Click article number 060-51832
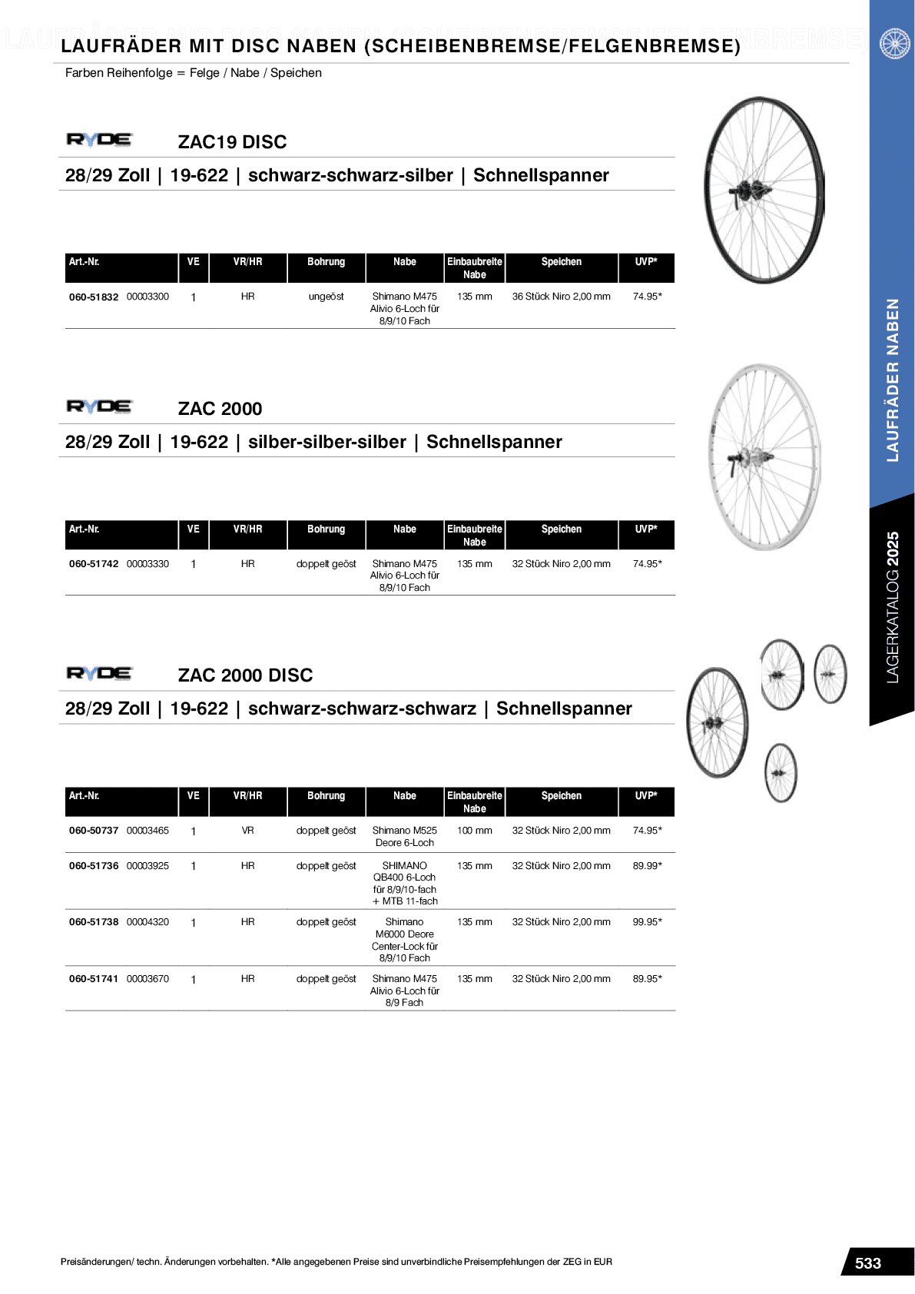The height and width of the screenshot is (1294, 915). [94, 297]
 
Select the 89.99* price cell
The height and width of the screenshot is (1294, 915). [647, 866]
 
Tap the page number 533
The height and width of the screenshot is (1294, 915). [867, 1263]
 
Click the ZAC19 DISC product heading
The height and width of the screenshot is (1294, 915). [232, 142]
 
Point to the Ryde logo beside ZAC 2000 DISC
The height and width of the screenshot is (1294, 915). [99, 674]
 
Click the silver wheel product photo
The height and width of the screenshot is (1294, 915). [764, 457]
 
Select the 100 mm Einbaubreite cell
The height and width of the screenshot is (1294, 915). [474, 831]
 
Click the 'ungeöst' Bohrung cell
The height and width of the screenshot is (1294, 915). [326, 297]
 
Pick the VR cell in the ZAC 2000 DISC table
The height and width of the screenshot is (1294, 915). [247, 831]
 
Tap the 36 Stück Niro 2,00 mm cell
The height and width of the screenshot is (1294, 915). [561, 297]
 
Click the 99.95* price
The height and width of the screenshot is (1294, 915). [647, 922]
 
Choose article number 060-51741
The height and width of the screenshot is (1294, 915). [94, 979]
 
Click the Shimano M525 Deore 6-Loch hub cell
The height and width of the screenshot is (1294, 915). [404, 837]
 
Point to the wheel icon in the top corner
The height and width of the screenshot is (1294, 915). [894, 43]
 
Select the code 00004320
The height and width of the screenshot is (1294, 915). [148, 922]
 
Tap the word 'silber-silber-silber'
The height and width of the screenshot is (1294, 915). [327, 443]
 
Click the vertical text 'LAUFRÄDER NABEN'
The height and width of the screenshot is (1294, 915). [892, 380]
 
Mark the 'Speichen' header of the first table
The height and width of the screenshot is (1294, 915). [561, 262]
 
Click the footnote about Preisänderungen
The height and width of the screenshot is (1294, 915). [336, 1262]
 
